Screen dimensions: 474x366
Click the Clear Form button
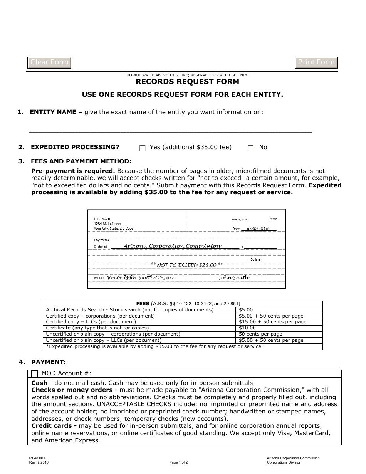tap(49, 62)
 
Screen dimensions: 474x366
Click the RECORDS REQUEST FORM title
tap(187, 82)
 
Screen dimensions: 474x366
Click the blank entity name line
tap(171, 129)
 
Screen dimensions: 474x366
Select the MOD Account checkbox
tap(35, 373)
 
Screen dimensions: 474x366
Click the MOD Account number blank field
tap(121, 373)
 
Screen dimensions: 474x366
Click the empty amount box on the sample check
tap(260, 244)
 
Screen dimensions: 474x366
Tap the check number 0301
tap(274, 219)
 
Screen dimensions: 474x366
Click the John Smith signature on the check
tap(233, 277)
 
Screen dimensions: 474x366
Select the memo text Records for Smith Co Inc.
tap(140, 277)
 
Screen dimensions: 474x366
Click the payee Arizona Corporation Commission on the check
tap(172, 246)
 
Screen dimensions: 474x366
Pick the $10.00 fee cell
tap(247, 328)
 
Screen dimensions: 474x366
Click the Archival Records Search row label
tap(129, 310)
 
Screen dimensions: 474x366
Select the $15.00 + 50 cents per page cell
tap(272, 322)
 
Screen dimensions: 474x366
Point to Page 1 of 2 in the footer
tap(178, 462)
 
